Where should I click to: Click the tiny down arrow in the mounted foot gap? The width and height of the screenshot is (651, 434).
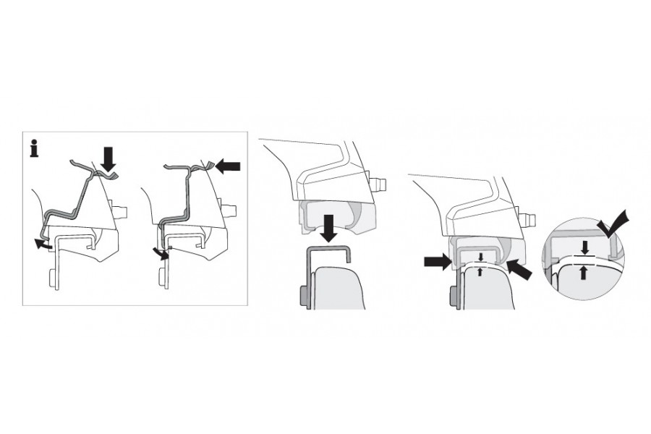480,257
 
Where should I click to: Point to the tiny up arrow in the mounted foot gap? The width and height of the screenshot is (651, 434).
480,271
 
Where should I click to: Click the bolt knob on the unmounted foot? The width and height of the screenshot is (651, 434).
378,184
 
